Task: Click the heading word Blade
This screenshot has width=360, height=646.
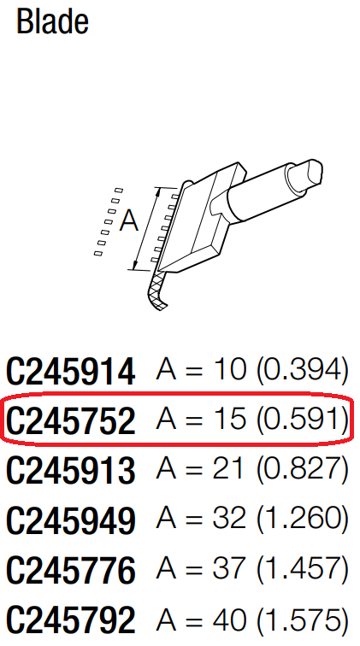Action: [52, 22]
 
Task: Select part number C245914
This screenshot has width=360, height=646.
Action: [71, 370]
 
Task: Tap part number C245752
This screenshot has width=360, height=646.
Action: [71, 420]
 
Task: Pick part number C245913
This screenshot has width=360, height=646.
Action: [71, 470]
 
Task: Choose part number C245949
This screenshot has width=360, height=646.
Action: [71, 520]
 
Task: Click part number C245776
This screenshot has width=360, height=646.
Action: [71, 570]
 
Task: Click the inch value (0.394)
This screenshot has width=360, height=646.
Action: [303, 369]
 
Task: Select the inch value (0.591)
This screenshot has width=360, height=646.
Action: [303, 419]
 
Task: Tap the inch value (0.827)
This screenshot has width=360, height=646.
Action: [303, 469]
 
